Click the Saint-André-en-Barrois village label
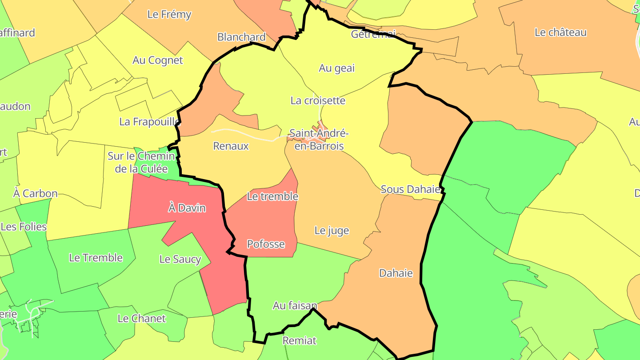pyautogui.click(x=319, y=139)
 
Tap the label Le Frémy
pyautogui.click(x=169, y=14)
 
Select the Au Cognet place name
pyautogui.click(x=157, y=60)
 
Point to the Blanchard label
pyautogui.click(x=241, y=37)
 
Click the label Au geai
pyautogui.click(x=337, y=68)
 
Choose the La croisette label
pyautogui.click(x=318, y=100)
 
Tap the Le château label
pyautogui.click(x=560, y=32)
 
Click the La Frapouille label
pyautogui.click(x=149, y=121)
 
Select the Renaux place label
pyautogui.click(x=231, y=146)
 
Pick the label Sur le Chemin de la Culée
pyautogui.click(x=141, y=162)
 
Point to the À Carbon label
pyautogui.click(x=36, y=193)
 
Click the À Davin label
pyautogui.click(x=187, y=208)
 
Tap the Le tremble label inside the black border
pyautogui.click(x=272, y=196)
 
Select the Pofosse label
pyautogui.click(x=266, y=244)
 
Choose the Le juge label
pyautogui.click(x=332, y=230)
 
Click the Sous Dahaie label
pyautogui.click(x=411, y=189)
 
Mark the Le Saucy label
pyautogui.click(x=180, y=259)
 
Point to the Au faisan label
pyautogui.click(x=295, y=306)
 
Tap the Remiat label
pyautogui.click(x=300, y=340)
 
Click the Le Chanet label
pyautogui.click(x=141, y=318)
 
